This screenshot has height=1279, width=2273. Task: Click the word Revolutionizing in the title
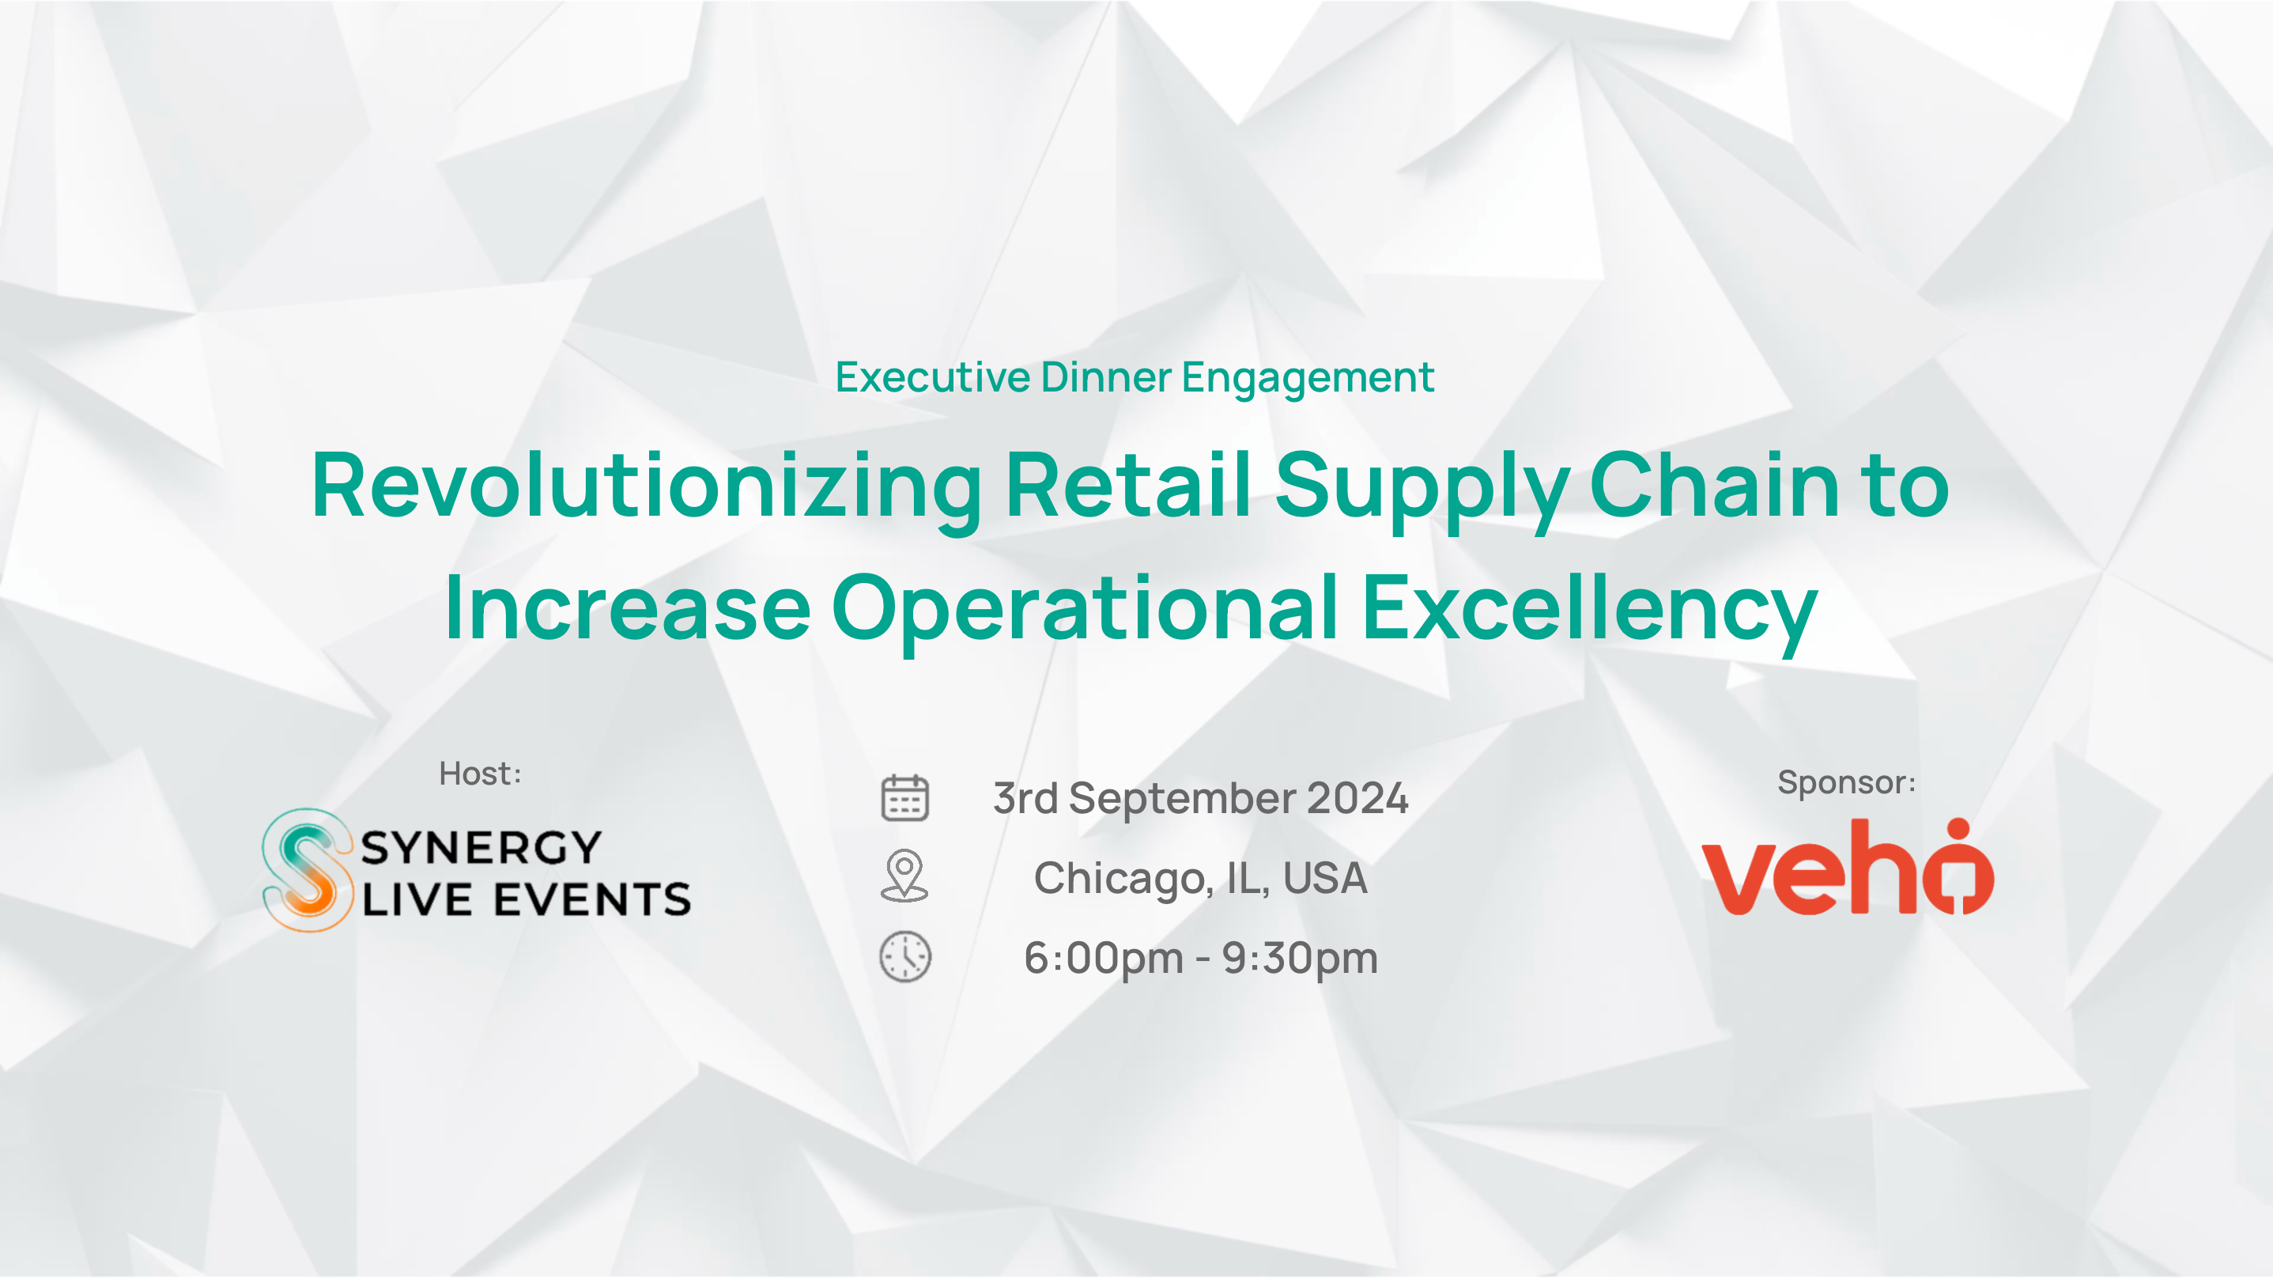coord(647,488)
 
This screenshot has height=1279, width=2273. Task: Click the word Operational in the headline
coord(1085,610)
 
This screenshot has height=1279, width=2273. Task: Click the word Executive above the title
coord(933,377)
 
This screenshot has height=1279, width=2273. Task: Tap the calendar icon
coord(904,798)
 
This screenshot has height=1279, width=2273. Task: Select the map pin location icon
coord(904,876)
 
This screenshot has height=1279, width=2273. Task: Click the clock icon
coord(904,956)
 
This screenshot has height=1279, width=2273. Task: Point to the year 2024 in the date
coord(1357,798)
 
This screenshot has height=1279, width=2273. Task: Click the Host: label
coord(481,774)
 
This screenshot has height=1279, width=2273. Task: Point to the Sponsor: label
coord(1847,783)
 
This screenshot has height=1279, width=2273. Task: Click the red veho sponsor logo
coord(1848,867)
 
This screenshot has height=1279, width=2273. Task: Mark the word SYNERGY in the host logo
coord(481,848)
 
